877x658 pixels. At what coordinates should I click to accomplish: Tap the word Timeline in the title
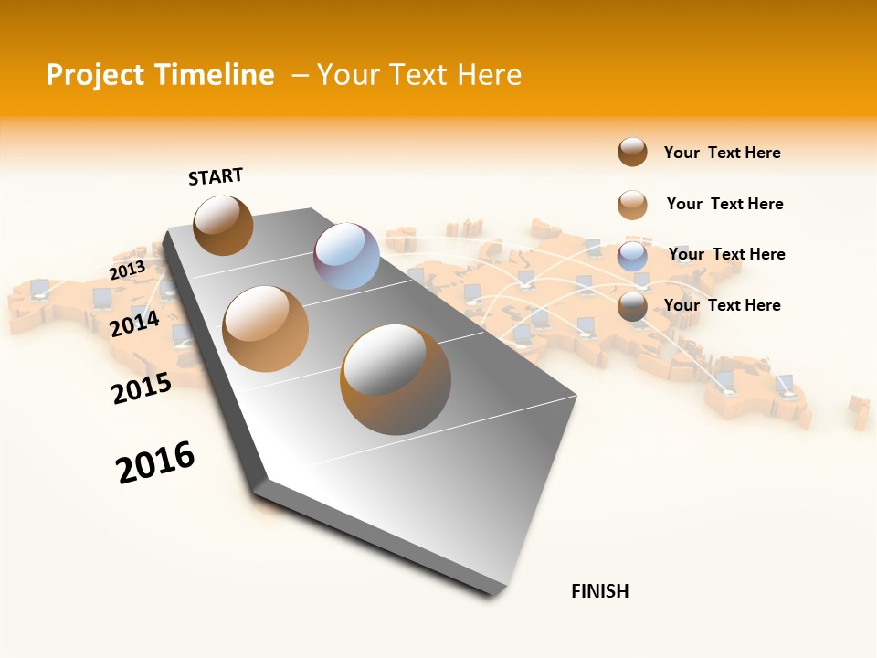coord(214,75)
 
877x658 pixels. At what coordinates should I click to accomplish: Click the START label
coord(216,176)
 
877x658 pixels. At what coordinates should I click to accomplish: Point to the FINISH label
coord(599,591)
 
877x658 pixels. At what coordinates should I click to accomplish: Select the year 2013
coord(127,270)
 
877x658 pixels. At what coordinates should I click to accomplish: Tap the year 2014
coord(134,323)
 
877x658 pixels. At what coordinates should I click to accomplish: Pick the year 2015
coord(142,388)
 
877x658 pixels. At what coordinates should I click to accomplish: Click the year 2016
coord(155,462)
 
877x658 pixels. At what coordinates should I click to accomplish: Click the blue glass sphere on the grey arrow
coord(346,256)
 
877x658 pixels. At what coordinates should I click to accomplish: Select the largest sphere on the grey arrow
coord(396,379)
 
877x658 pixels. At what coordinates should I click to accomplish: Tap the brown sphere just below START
coord(223,225)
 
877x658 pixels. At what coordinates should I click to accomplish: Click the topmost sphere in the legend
coord(632,152)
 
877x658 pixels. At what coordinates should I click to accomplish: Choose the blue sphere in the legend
coord(632,256)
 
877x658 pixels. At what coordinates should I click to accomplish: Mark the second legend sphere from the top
coord(632,205)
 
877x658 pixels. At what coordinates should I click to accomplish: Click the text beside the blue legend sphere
coord(726,254)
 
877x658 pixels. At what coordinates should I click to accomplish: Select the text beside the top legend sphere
coord(722,153)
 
